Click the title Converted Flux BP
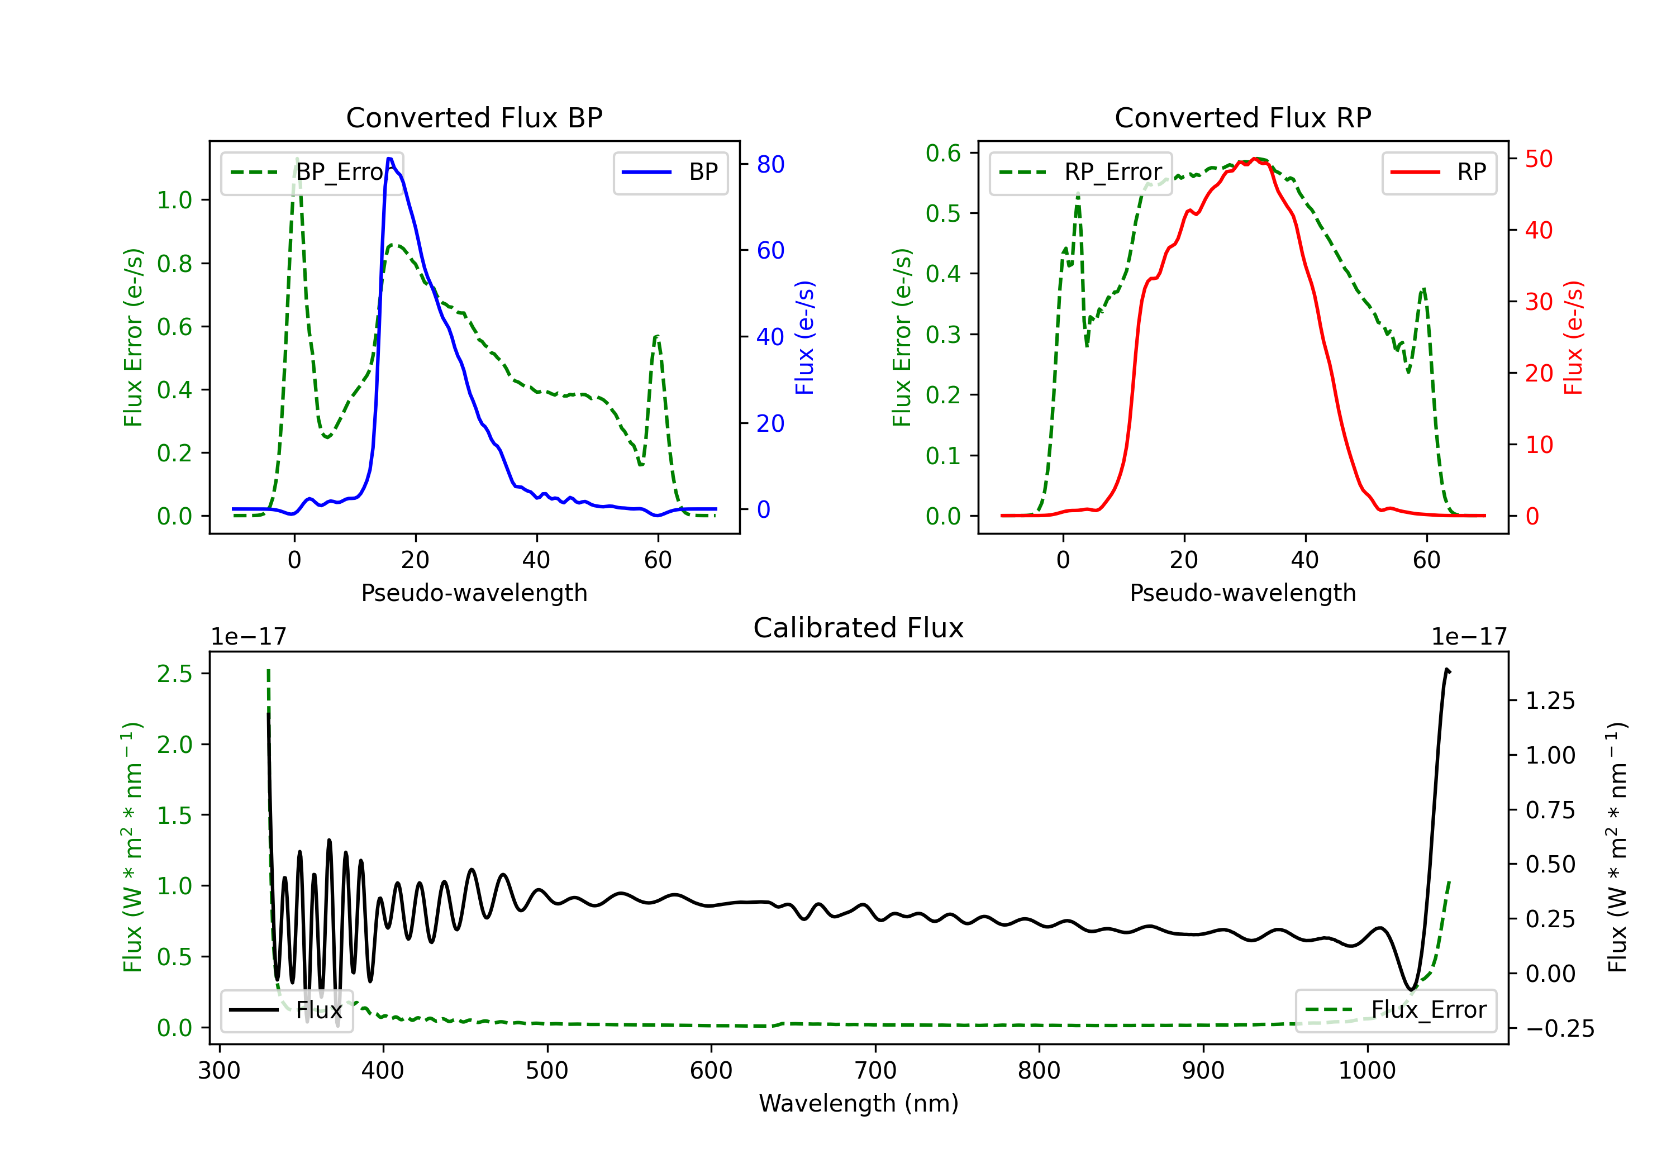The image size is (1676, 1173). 474,117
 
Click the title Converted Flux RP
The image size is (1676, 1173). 1242,117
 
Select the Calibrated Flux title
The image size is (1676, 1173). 859,628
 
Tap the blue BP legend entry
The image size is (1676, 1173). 670,172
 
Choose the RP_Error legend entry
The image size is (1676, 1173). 1080,172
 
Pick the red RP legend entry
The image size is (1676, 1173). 1439,172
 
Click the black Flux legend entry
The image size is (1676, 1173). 286,1010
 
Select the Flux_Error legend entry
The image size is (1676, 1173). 1396,1010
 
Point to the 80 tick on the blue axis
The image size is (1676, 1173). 770,165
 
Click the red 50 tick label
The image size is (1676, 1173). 1539,159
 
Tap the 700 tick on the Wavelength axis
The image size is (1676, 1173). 874,1071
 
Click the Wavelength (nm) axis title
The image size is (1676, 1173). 859,1103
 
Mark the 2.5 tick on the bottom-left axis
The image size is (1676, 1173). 175,674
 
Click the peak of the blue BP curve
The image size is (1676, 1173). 390,159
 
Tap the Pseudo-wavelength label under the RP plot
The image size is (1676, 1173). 1242,593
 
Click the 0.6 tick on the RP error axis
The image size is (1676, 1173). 943,153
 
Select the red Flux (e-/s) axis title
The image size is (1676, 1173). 1573,337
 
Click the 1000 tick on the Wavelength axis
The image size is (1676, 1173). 1366,1071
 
